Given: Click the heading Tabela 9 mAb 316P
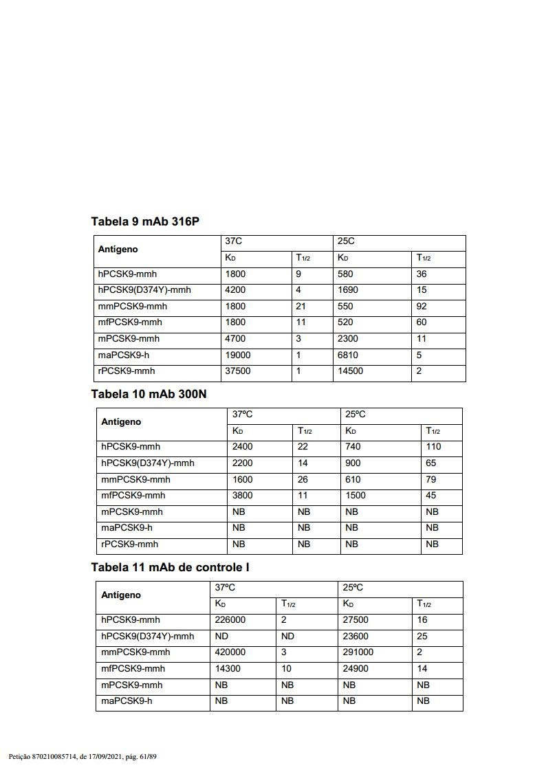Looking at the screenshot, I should point(145,221).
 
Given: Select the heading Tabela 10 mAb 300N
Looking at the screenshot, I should point(149,394).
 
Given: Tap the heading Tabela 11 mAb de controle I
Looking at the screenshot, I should point(170,568).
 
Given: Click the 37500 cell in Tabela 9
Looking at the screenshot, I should point(238,371).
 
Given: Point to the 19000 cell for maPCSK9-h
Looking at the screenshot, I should point(238,355).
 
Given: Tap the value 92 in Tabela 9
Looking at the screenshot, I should point(422,307).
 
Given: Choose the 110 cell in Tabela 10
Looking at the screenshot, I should point(433,447).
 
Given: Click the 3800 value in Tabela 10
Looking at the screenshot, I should point(242,496).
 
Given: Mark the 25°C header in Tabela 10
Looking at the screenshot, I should point(355,415).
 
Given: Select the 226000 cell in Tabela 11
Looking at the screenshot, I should point(230,620).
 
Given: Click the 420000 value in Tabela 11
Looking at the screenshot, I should point(230,652).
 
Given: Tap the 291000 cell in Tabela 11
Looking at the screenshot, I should point(358,652).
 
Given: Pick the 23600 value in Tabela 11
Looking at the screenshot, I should point(356,637).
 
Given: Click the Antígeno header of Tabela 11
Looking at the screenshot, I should point(121,595).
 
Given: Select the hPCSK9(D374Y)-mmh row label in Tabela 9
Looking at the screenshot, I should point(144,290).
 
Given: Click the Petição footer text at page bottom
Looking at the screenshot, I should point(83,757).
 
